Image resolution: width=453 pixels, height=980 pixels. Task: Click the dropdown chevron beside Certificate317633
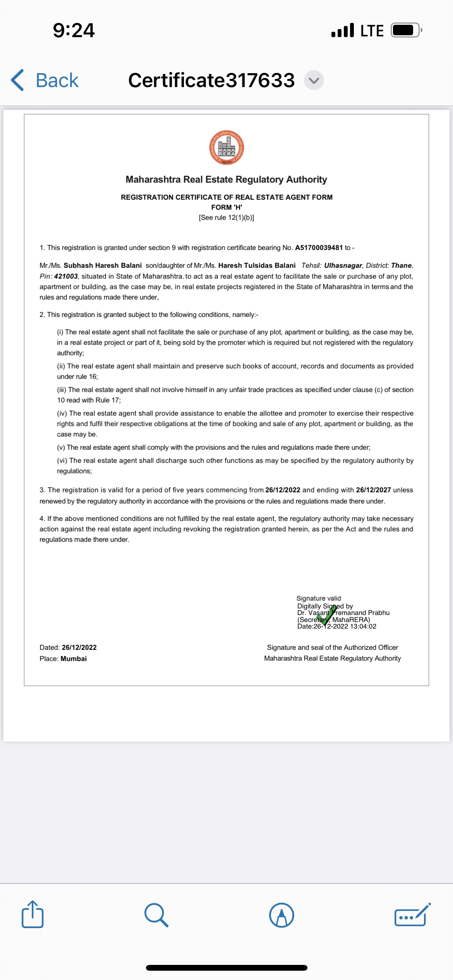pos(314,81)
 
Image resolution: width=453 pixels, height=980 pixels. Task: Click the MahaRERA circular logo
pos(226,147)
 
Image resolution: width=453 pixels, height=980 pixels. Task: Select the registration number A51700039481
pos(319,248)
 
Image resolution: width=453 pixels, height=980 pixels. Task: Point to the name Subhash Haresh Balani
pos(103,266)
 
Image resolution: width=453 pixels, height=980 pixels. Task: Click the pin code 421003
pos(66,276)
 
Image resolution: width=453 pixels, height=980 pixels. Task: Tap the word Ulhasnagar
pos(343,266)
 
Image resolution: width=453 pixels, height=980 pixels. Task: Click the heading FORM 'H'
pos(226,207)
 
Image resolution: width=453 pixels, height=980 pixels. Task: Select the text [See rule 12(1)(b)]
pos(226,218)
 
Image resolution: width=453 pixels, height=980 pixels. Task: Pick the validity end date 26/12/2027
pos(373,490)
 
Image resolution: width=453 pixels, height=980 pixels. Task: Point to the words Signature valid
pos(319,598)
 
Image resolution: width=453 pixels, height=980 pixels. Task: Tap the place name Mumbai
pos(74,659)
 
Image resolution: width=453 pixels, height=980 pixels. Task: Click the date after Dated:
pos(79,648)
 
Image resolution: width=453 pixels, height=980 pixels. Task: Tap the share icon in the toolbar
pos(33,915)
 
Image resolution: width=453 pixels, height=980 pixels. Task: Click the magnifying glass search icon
pos(156,915)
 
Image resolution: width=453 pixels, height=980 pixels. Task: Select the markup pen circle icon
pos(281,915)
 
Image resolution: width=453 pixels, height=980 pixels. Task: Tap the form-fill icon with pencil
pos(412,915)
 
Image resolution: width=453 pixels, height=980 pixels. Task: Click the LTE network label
pos(372,31)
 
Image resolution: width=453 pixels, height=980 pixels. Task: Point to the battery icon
pos(406,30)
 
